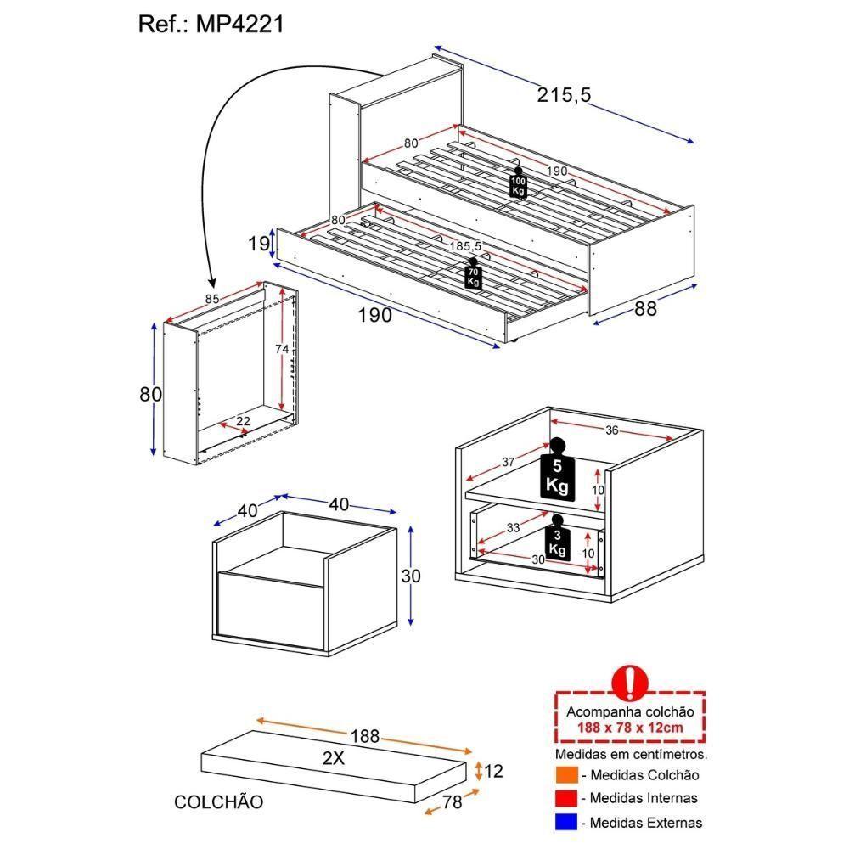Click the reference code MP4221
click(241, 24)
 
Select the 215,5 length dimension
click(564, 95)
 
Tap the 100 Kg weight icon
click(518, 183)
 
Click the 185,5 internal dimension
click(466, 246)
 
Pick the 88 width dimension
click(646, 309)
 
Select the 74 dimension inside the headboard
click(282, 349)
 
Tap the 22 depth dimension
click(243, 421)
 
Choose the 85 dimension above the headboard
click(213, 299)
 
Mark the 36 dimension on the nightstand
click(611, 430)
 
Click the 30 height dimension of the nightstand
click(411, 576)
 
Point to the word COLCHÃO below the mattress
click(218, 801)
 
